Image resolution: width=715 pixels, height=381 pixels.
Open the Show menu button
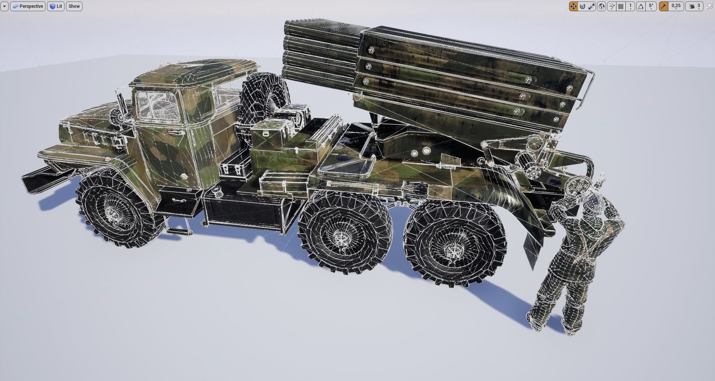(x=74, y=6)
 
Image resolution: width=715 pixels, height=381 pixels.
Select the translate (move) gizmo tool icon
(x=573, y=6)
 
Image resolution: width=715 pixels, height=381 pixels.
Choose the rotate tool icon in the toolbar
(x=583, y=6)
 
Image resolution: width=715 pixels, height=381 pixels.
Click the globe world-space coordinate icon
(x=601, y=6)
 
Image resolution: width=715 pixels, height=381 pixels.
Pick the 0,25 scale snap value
(x=676, y=6)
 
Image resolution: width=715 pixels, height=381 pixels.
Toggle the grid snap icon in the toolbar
(x=621, y=6)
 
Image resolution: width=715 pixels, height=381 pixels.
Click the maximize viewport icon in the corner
(x=710, y=6)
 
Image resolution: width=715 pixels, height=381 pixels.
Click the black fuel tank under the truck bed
(x=243, y=213)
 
